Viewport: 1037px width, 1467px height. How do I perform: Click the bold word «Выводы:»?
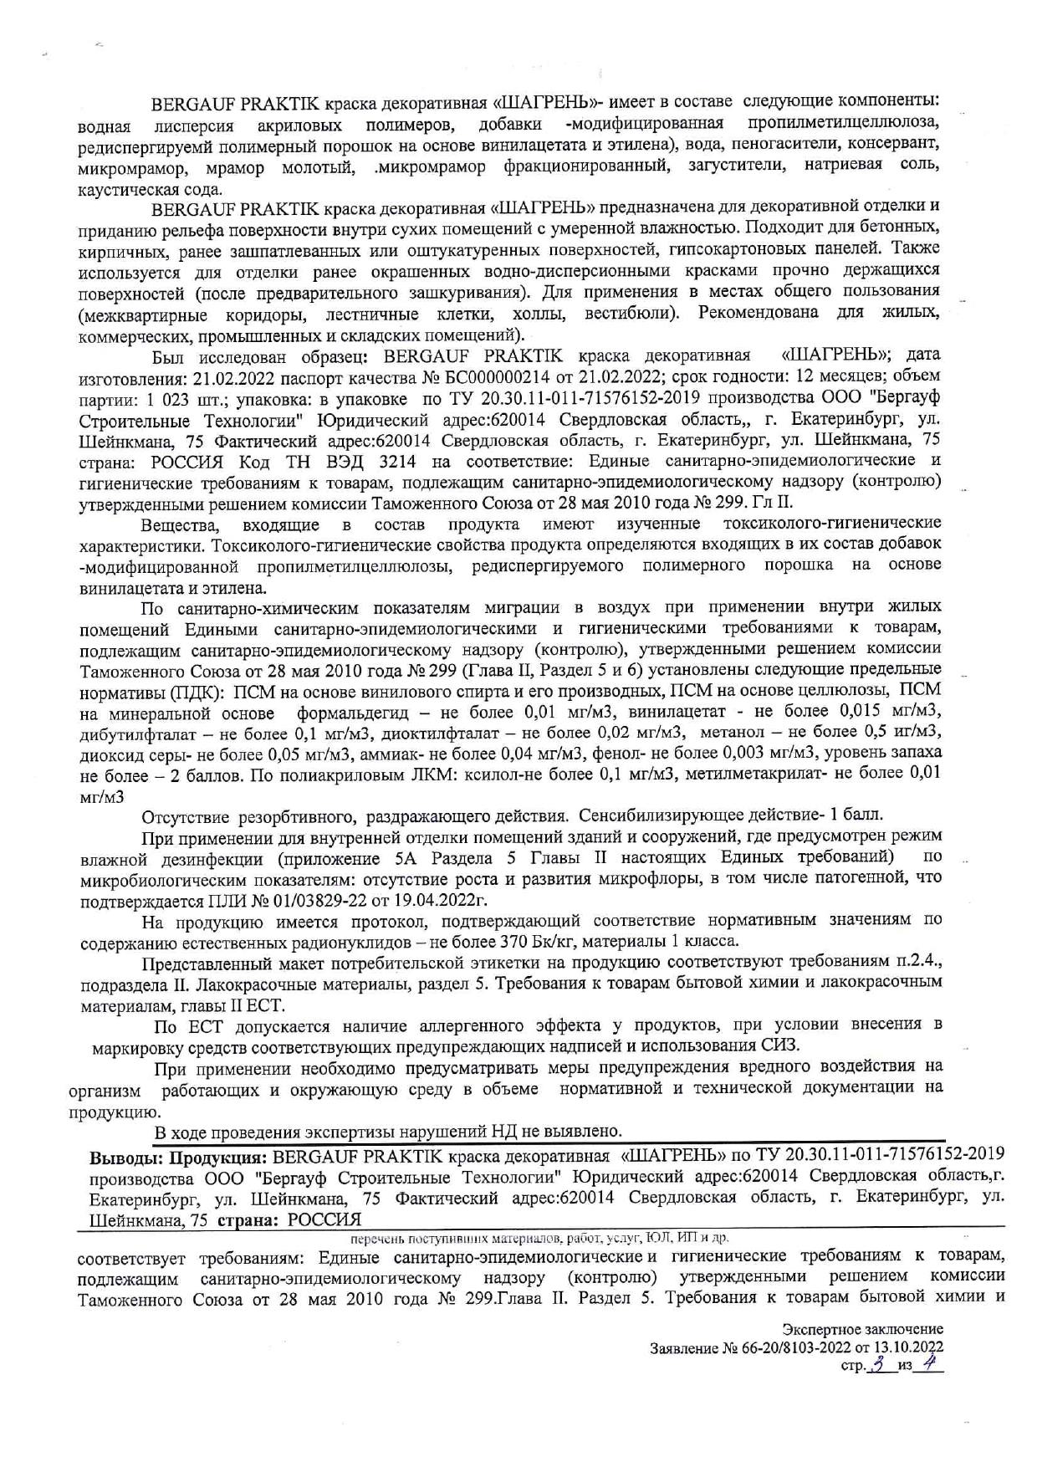pyautogui.click(x=126, y=1158)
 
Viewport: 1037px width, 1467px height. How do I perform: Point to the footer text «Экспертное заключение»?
pyautogui.click(x=863, y=1329)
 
